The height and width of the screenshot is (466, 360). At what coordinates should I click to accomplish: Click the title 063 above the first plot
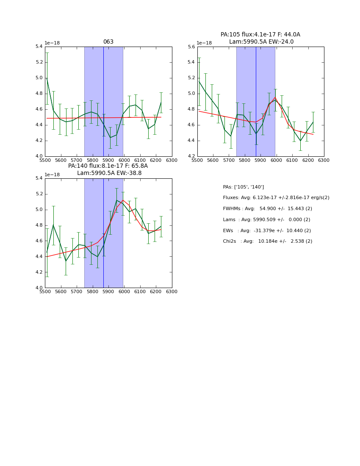(x=108, y=42)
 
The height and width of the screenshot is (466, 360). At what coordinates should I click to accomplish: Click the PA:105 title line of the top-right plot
(x=260, y=35)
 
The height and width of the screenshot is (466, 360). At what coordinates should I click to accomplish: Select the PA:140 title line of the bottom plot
(x=108, y=166)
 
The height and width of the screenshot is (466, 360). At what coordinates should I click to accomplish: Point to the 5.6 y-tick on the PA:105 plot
(x=191, y=47)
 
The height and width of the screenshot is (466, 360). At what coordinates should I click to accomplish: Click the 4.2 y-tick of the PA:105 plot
(x=191, y=156)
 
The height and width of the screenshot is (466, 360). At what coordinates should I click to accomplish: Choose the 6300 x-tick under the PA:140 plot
(x=172, y=291)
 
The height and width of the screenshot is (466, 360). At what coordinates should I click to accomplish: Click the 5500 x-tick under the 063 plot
(x=45, y=160)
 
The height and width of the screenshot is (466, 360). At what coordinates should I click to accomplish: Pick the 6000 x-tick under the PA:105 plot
(x=276, y=160)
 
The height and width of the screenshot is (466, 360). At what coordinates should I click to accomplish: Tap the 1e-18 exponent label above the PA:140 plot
(x=52, y=175)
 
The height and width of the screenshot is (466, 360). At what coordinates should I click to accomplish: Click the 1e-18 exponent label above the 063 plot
(x=52, y=43)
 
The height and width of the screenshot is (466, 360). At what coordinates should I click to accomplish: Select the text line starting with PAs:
(x=243, y=187)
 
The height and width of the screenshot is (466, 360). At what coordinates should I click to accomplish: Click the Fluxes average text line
(x=276, y=198)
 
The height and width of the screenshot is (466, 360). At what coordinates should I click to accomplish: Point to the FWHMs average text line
(x=267, y=209)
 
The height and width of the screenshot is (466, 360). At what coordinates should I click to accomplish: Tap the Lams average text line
(x=266, y=220)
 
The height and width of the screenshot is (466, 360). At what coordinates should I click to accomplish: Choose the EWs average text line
(x=267, y=230)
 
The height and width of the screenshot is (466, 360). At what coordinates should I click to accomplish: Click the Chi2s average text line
(x=267, y=241)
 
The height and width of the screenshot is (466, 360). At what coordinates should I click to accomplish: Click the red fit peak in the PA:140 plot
(x=123, y=200)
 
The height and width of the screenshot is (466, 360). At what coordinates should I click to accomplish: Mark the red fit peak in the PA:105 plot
(x=275, y=97)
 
